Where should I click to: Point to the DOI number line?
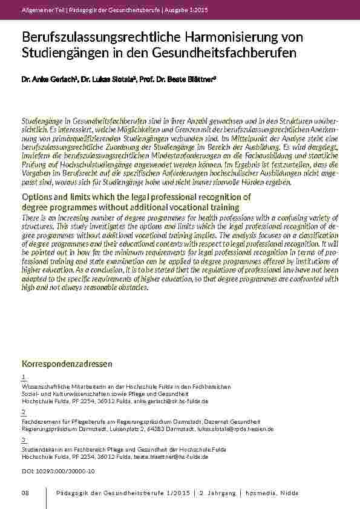coord(58,470)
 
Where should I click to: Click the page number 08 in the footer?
coord(25,494)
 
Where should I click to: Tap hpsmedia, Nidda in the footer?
coord(272,494)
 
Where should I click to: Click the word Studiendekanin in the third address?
coord(39,450)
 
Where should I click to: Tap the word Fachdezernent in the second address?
coord(38,421)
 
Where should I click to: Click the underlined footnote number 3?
coord(23,439)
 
